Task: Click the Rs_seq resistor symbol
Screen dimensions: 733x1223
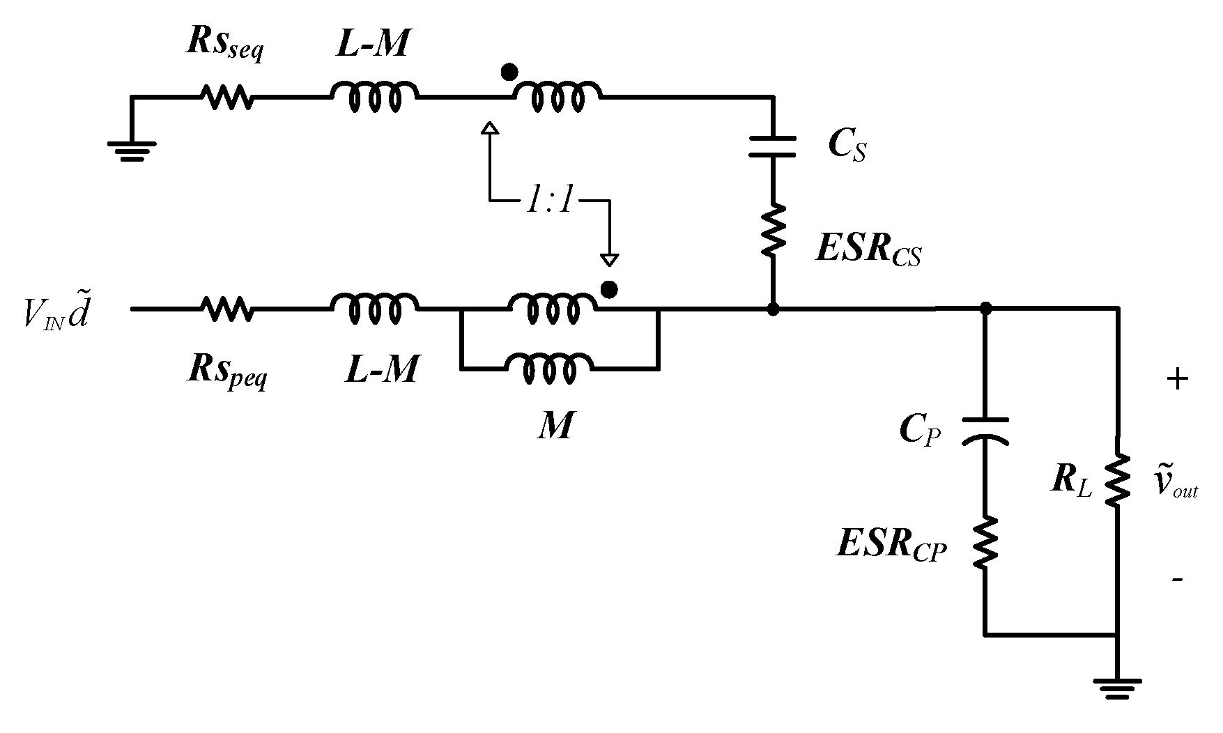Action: [227, 98]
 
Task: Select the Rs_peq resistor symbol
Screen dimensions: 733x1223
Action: [227, 307]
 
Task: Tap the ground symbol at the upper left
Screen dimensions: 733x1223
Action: [131, 148]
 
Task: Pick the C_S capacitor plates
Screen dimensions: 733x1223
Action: [772, 146]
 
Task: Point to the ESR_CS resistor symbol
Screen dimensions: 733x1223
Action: [772, 230]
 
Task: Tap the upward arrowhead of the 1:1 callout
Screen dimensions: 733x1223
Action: [490, 128]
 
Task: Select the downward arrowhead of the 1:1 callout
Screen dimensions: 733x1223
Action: [610, 261]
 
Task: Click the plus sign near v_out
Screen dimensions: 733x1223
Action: [1176, 380]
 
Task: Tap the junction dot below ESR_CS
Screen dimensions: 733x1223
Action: [772, 308]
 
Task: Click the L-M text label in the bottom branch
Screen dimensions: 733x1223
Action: [382, 369]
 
